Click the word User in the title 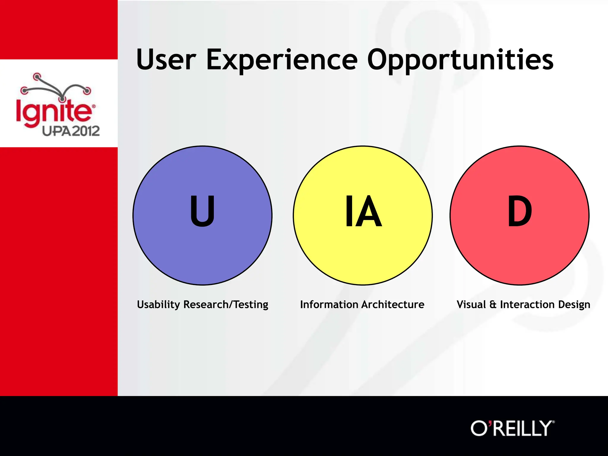pyautogui.click(x=166, y=60)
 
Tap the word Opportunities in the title pyautogui.click(x=460, y=60)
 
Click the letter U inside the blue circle pyautogui.click(x=202, y=211)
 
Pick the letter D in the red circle pyautogui.click(x=520, y=211)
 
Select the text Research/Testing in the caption pyautogui.click(x=226, y=305)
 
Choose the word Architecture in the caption pyautogui.click(x=393, y=305)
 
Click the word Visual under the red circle pyautogui.click(x=471, y=305)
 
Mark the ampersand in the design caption pyautogui.click(x=493, y=305)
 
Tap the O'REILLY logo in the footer pyautogui.click(x=512, y=428)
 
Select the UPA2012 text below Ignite pyautogui.click(x=71, y=131)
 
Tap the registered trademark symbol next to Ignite pyautogui.click(x=94, y=106)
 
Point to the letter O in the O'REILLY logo pyautogui.click(x=479, y=428)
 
